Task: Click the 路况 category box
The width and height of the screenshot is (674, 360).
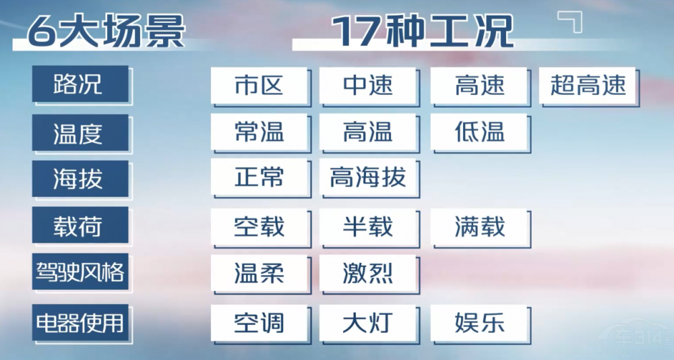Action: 80,84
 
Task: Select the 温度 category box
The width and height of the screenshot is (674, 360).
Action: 80,133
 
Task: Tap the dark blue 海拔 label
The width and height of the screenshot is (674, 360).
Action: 80,179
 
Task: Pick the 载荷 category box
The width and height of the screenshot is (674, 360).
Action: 80,225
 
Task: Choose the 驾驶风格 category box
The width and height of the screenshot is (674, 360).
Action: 80,272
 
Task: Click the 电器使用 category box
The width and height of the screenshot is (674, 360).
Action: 80,322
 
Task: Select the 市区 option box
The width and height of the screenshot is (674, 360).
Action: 259,85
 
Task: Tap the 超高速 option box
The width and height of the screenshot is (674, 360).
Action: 587,85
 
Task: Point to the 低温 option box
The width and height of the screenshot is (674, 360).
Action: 479,131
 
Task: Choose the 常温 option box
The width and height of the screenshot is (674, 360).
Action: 259,131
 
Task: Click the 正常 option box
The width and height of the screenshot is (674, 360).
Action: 259,177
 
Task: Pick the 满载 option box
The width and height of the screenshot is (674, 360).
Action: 479,227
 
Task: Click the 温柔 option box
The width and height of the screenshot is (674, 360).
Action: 259,273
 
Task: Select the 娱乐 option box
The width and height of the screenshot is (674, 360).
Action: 479,323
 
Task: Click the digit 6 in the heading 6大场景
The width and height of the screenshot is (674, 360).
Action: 42,31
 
